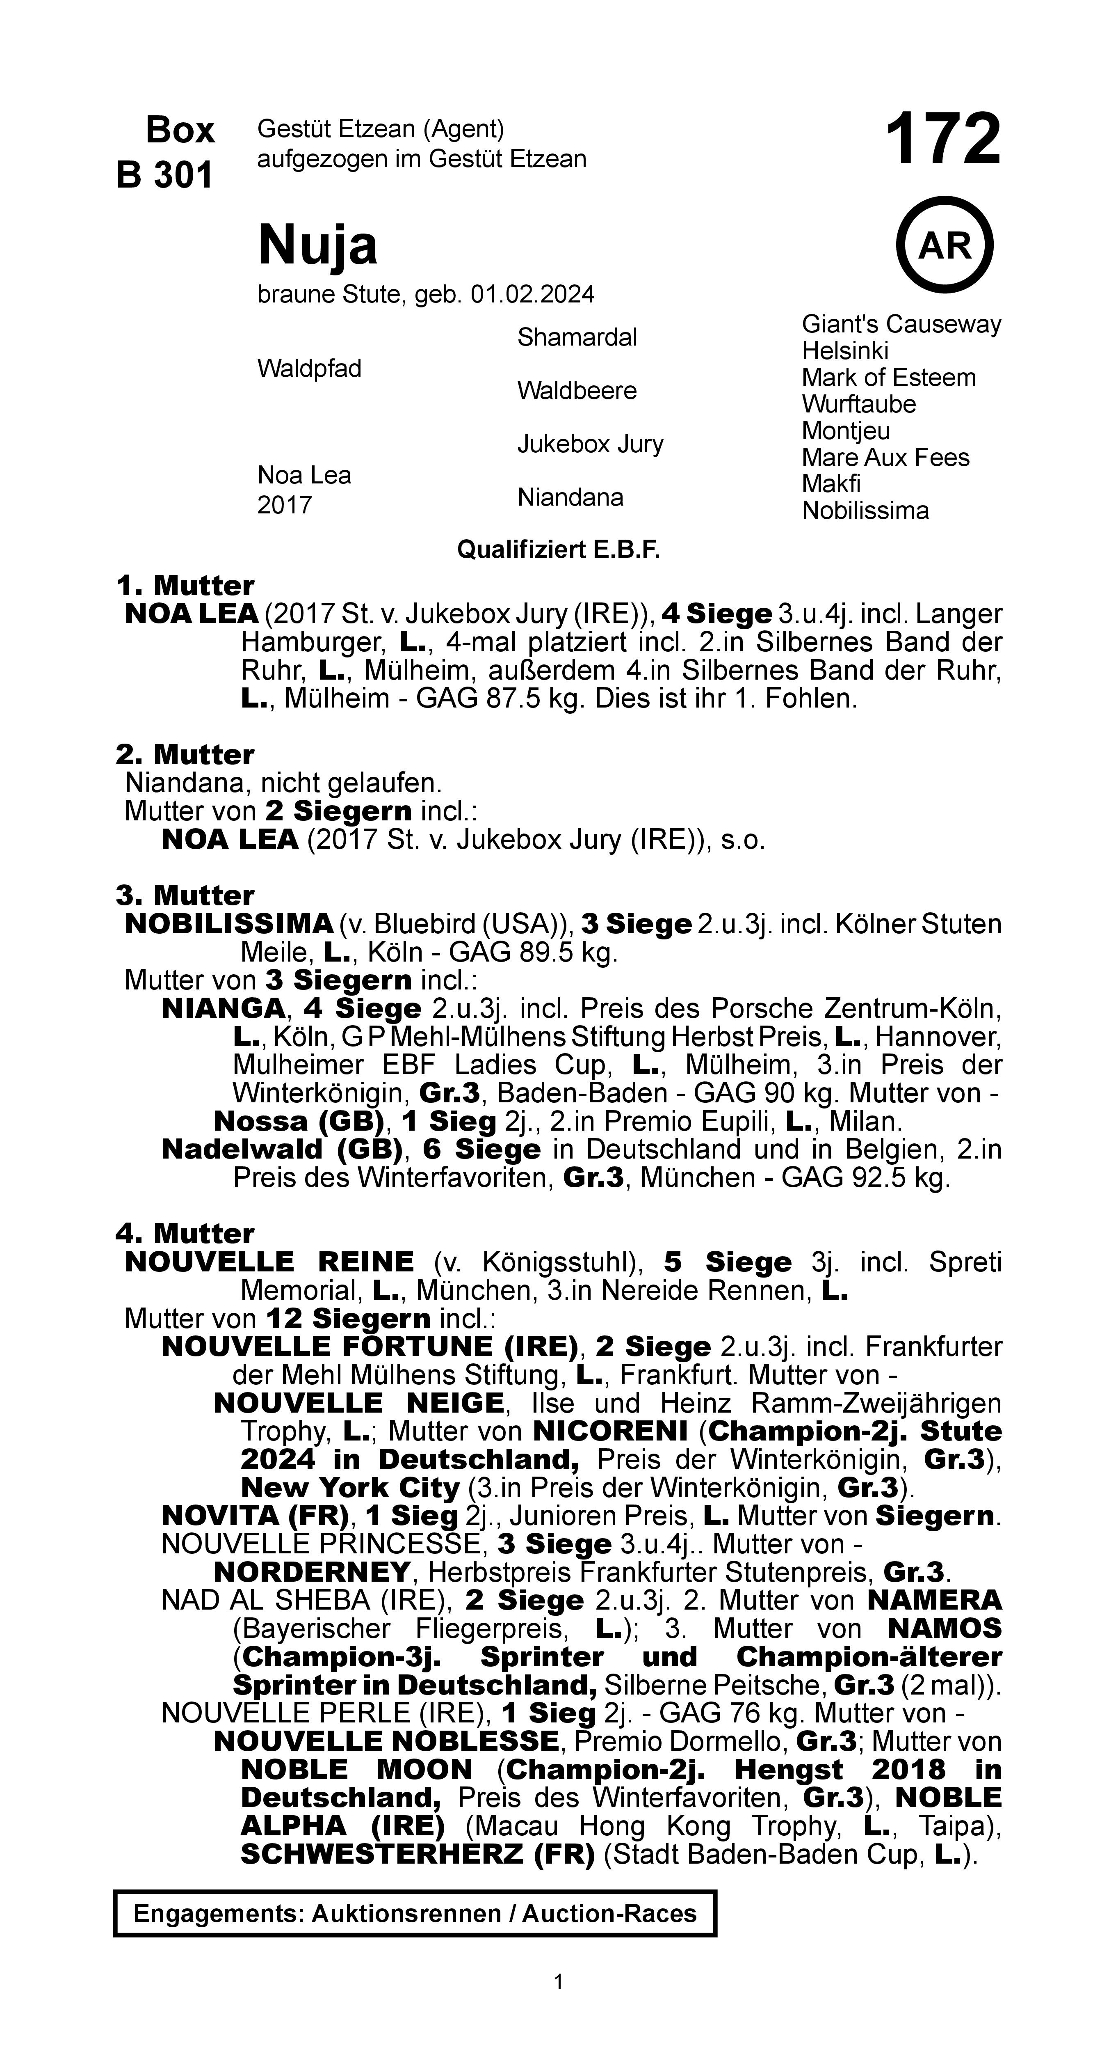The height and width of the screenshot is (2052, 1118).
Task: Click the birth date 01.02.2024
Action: coord(532,295)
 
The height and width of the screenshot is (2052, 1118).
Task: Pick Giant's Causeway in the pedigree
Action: coord(901,324)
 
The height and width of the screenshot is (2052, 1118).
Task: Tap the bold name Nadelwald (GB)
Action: coord(281,1150)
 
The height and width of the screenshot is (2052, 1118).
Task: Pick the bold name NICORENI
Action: coord(610,1431)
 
